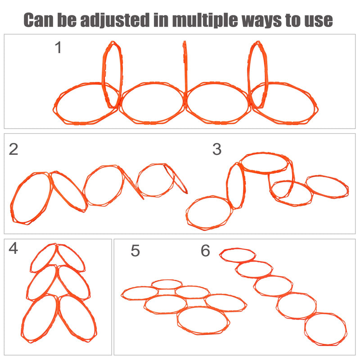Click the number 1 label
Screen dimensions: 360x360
coord(58,47)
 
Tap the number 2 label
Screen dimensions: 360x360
coord(13,149)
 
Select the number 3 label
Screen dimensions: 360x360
coord(217,149)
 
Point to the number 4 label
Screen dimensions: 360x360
coord(13,248)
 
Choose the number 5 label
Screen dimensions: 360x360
coord(135,251)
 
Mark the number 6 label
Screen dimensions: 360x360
coord(205,251)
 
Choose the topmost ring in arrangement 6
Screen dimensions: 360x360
coord(238,254)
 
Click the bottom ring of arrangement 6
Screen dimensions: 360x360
coord(326,329)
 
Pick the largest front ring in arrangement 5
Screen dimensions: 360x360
coord(203,320)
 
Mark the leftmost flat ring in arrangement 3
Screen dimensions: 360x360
coord(209,213)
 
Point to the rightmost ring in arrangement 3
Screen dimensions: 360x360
coord(327,186)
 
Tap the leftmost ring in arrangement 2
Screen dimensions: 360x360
coord(31,198)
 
